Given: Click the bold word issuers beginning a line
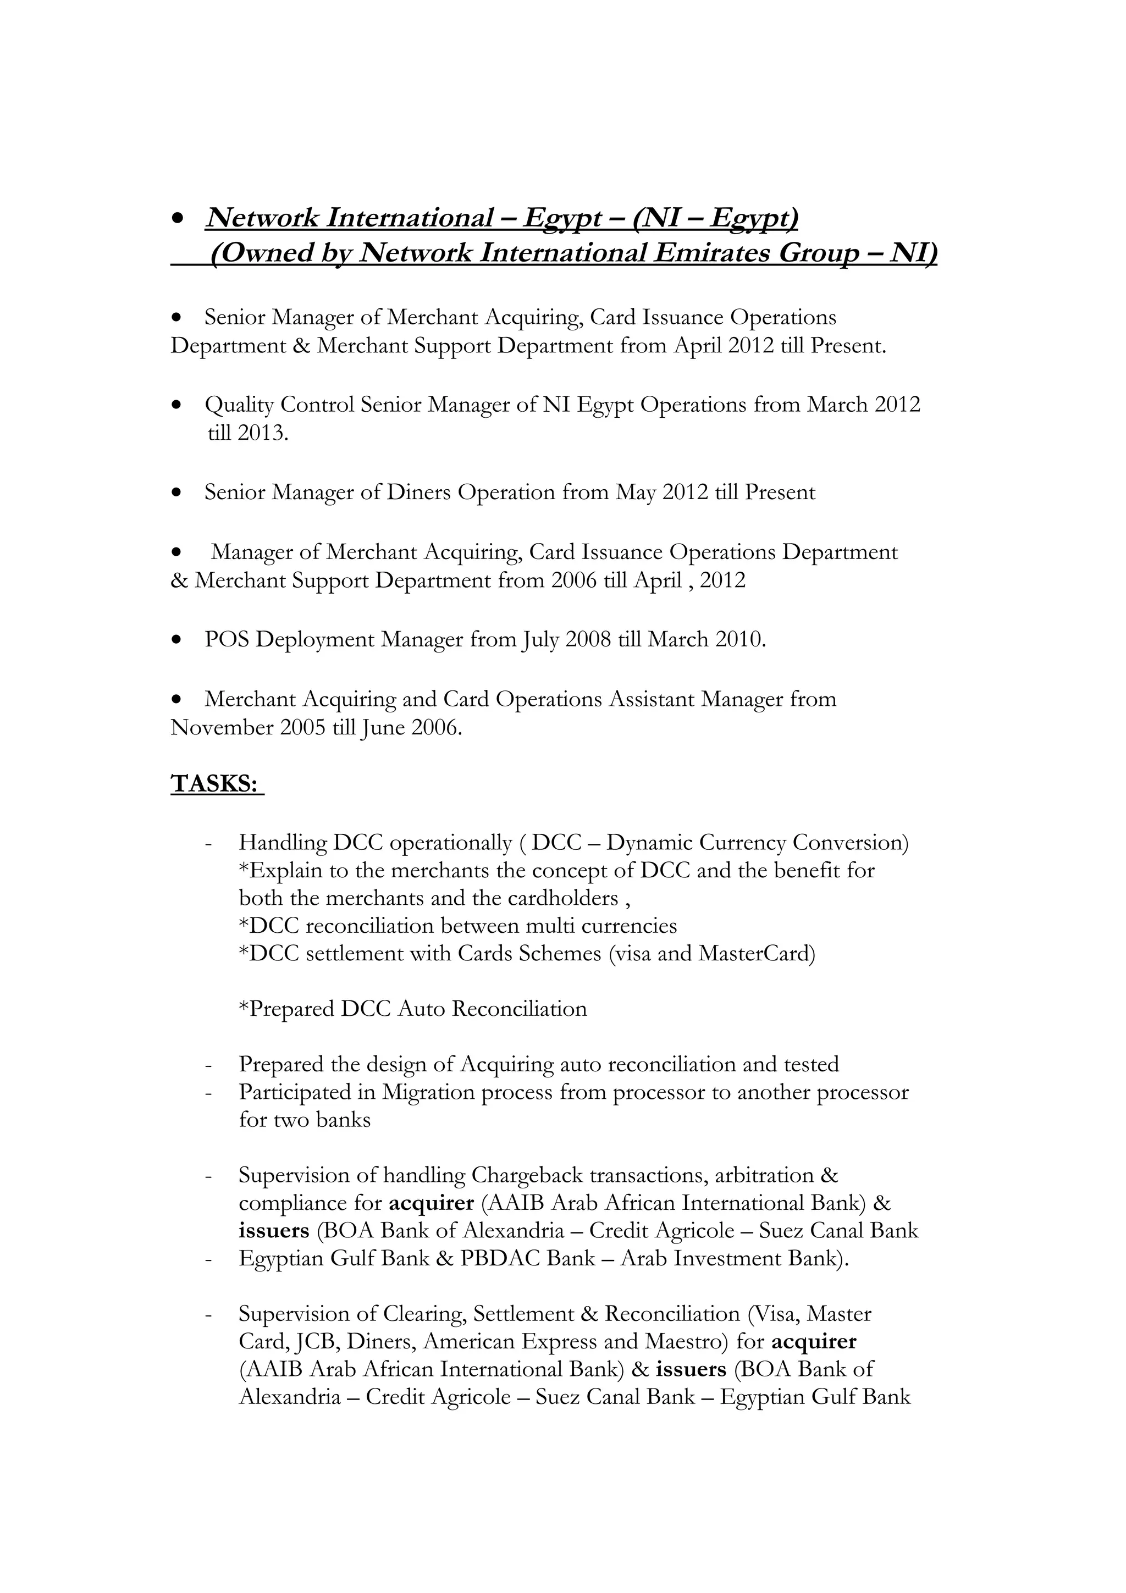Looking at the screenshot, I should (273, 1231).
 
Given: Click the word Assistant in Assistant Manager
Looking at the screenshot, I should (652, 699).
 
